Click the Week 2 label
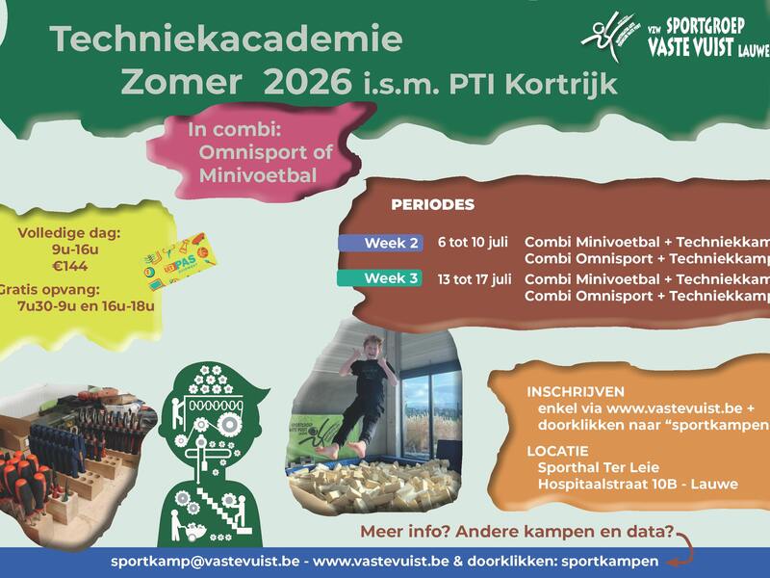[381, 243]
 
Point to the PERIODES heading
[432, 205]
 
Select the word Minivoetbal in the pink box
[258, 175]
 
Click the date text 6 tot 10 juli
[473, 243]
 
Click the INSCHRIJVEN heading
[576, 392]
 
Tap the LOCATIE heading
[559, 450]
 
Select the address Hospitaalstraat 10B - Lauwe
[637, 484]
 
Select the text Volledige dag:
[68, 232]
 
